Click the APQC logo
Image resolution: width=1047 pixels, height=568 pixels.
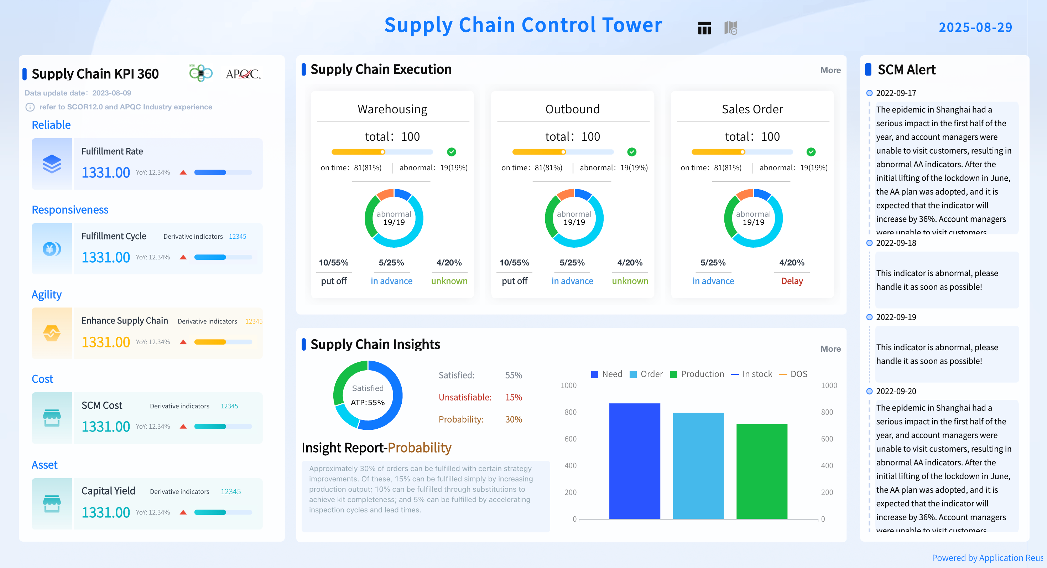[243, 74]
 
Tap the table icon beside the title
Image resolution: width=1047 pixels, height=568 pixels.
[704, 28]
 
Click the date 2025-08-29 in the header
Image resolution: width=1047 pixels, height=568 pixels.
[975, 27]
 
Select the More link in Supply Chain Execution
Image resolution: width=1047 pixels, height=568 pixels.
[830, 70]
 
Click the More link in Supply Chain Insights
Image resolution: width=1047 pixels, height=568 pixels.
[830, 348]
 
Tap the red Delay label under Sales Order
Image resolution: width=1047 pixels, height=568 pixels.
[791, 281]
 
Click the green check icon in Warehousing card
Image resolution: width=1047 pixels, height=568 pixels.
[451, 152]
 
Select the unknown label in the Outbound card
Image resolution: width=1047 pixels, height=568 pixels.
[630, 281]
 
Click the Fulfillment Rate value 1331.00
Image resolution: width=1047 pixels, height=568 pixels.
[106, 172]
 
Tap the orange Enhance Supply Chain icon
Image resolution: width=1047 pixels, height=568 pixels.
[52, 333]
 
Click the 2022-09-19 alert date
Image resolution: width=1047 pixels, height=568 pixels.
[895, 317]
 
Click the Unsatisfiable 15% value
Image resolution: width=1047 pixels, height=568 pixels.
[513, 397]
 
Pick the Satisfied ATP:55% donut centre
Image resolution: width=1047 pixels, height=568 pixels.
[368, 395]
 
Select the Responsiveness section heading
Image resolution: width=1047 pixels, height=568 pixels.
[70, 210]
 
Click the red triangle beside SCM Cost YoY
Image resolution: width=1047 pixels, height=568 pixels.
[183, 427]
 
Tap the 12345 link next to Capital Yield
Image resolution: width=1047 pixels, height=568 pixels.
[230, 491]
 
